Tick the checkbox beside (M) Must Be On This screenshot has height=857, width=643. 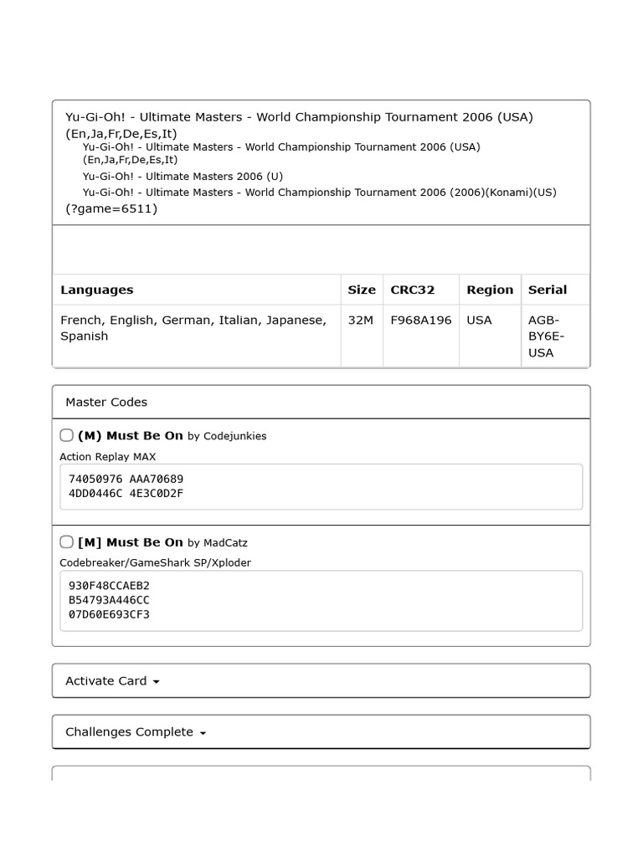tap(67, 435)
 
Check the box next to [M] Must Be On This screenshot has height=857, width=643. tap(67, 541)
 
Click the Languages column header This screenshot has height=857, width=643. tap(97, 290)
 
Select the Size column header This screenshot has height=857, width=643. tap(362, 290)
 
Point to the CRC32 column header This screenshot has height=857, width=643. tap(413, 290)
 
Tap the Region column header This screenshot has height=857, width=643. tap(490, 290)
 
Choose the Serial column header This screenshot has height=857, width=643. tap(548, 290)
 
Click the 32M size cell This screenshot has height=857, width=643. tap(361, 320)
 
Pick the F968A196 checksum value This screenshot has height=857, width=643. tap(421, 320)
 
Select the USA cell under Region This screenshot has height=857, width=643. tap(480, 320)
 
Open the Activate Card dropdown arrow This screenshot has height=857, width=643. tap(157, 682)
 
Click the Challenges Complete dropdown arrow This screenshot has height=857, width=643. tap(203, 733)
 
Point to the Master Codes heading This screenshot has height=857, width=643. tap(106, 402)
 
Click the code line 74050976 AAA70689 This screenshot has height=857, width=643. tap(126, 479)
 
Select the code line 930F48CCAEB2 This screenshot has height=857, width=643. tap(109, 585)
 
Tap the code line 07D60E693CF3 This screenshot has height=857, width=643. tap(109, 614)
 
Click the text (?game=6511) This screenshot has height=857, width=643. tap(111, 208)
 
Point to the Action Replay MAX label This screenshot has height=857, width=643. tap(108, 456)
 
